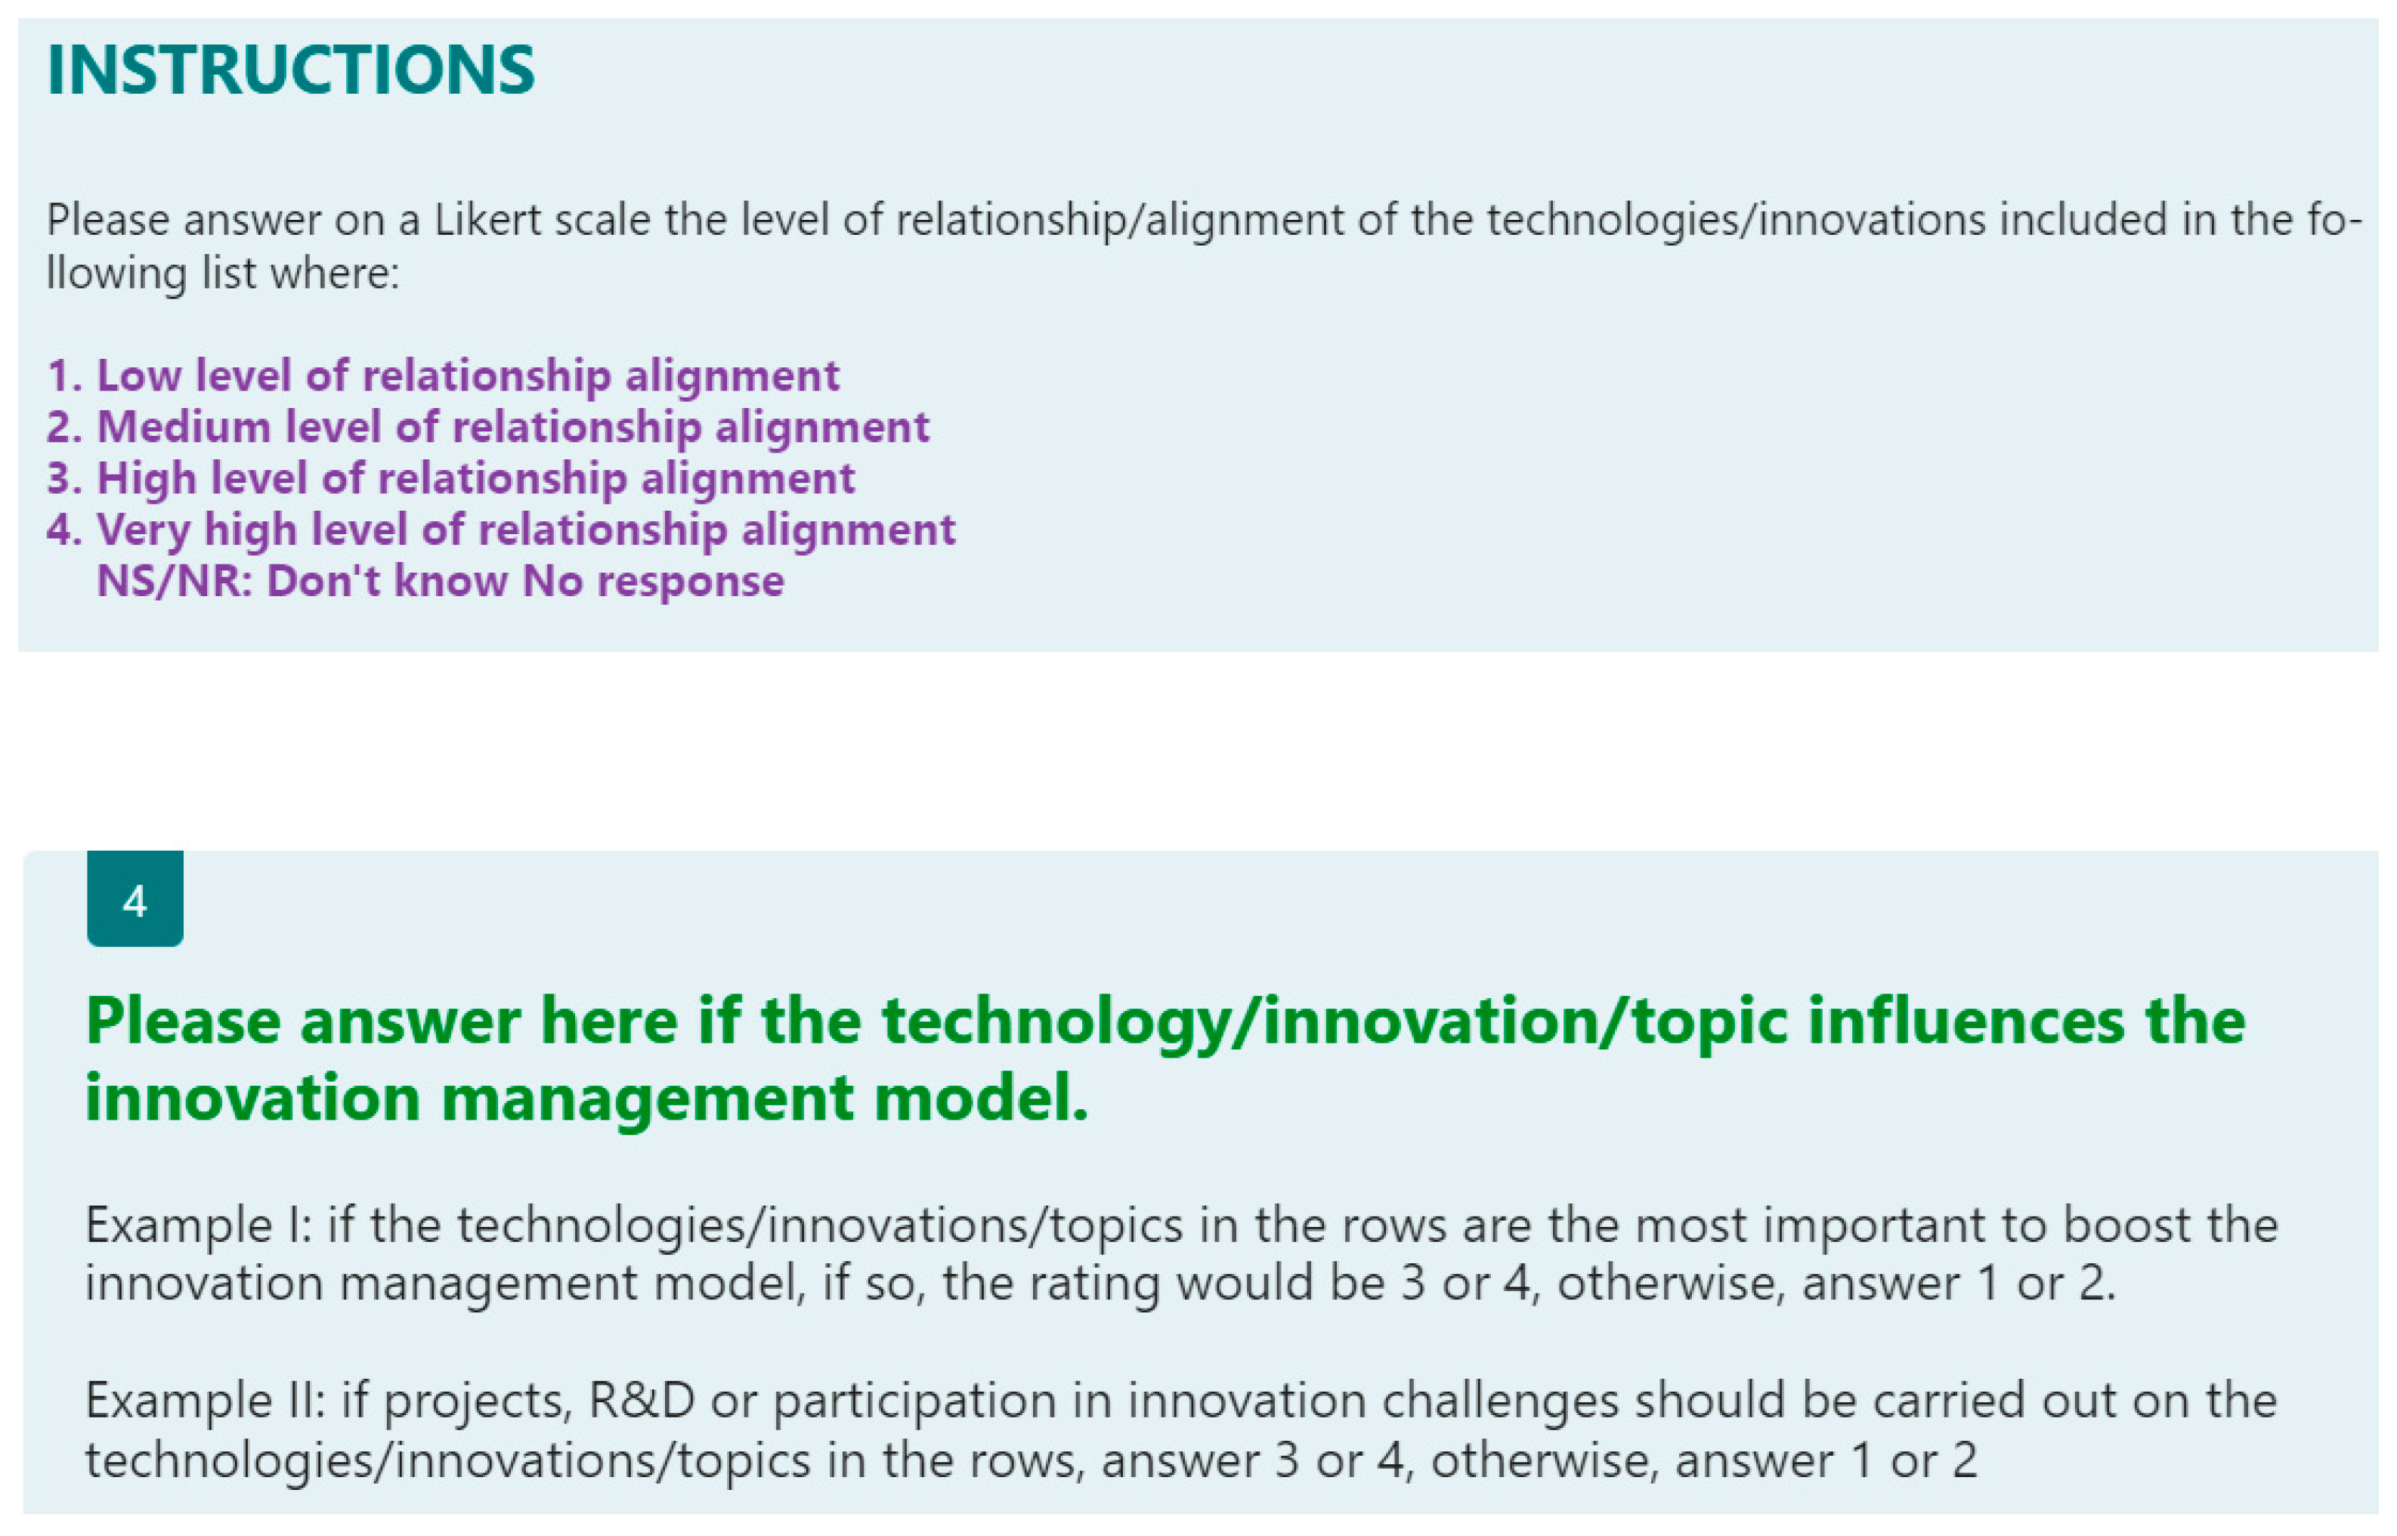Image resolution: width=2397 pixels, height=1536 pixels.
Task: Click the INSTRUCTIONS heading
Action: [290, 70]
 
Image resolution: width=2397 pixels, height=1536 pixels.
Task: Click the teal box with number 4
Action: [135, 898]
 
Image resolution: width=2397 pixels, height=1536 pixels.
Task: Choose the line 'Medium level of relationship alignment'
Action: [487, 428]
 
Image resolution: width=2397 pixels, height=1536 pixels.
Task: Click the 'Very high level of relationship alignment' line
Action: [501, 530]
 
